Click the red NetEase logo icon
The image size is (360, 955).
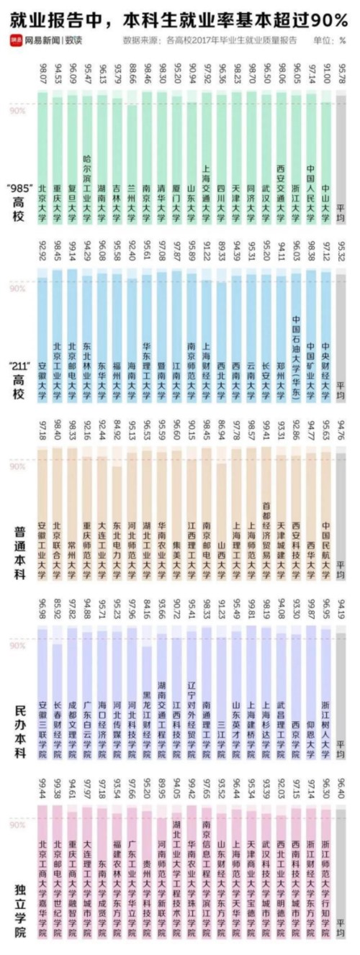15,41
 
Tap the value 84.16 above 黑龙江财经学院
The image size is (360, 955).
148,610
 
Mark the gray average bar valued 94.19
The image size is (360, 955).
341,691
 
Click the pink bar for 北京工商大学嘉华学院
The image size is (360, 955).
43,864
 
